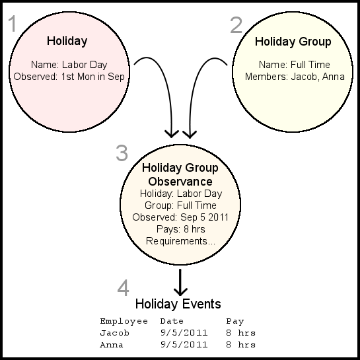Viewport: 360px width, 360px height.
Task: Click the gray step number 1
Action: (13, 23)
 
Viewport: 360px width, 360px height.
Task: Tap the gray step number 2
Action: (236, 25)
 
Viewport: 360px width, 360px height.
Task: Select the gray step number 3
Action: (122, 153)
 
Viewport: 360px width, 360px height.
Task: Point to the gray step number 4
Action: (123, 288)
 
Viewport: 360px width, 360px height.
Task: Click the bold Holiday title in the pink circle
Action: (67, 42)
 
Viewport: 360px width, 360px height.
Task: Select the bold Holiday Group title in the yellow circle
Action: (293, 42)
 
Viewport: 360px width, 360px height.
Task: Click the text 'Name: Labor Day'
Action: (69, 65)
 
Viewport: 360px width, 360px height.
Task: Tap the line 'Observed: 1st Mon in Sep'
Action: (69, 77)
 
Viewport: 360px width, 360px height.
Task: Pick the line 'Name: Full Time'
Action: (295, 65)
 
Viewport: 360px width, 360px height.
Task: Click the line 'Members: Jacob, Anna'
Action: (295, 77)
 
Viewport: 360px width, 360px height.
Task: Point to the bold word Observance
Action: (180, 182)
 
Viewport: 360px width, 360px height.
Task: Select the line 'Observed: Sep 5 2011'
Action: (180, 217)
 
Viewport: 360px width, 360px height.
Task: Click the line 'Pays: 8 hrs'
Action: (181, 229)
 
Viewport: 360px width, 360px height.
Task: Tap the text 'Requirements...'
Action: (180, 241)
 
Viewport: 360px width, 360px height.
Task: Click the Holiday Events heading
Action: (178, 304)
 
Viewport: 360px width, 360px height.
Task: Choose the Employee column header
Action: (124, 322)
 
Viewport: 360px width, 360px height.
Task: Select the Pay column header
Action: (235, 322)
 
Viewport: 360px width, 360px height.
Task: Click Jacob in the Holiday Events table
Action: (114, 333)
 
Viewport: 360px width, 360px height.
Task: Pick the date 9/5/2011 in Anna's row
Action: (184, 345)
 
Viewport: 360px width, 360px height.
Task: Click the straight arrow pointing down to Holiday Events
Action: (180, 283)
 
